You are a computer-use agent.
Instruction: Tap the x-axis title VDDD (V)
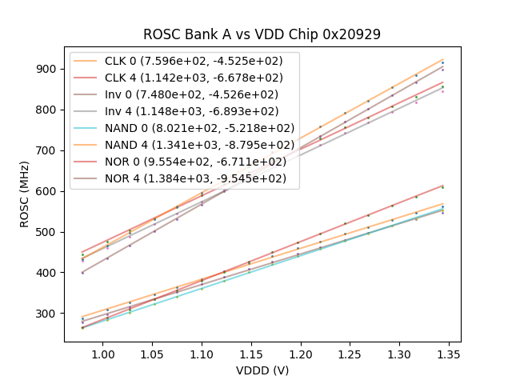(262, 370)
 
